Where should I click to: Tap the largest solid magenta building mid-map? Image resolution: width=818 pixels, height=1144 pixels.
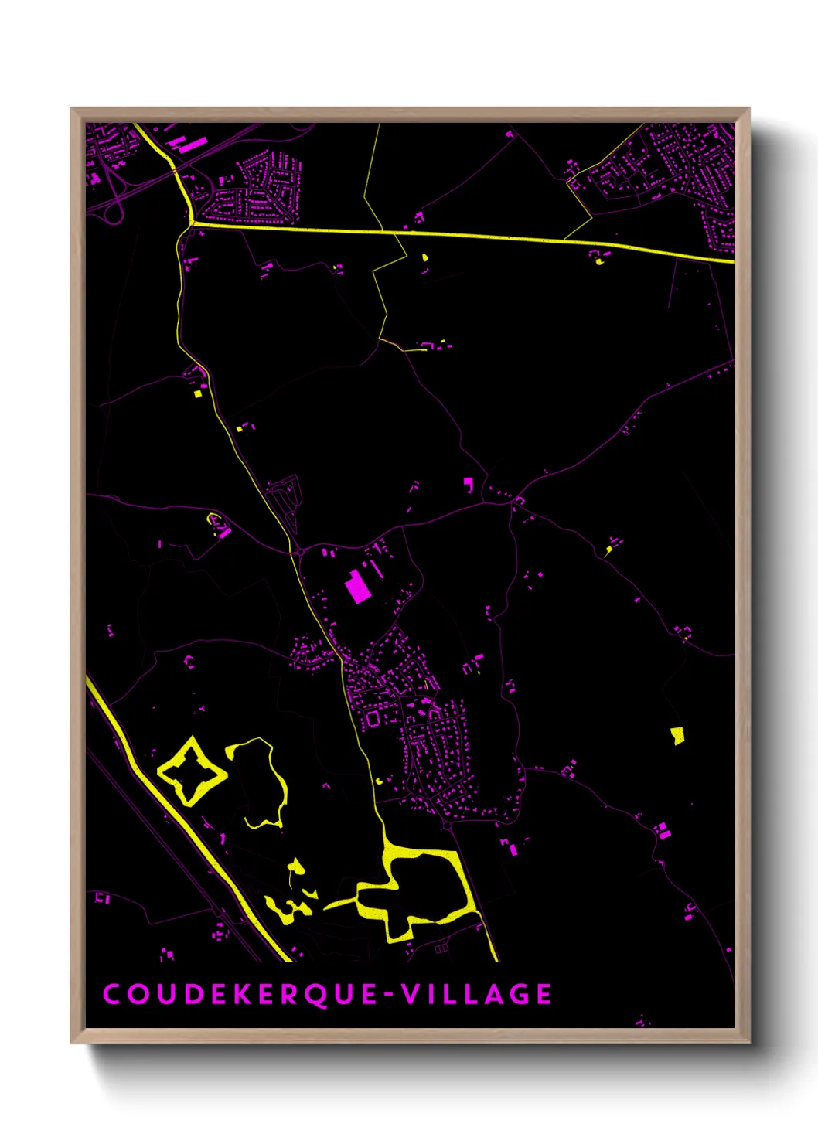click(x=356, y=587)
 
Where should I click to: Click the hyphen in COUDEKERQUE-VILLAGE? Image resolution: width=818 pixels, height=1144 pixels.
click(x=388, y=995)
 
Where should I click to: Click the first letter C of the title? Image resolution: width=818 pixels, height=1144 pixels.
click(x=112, y=994)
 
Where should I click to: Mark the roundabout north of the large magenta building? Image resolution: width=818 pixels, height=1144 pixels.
click(x=298, y=552)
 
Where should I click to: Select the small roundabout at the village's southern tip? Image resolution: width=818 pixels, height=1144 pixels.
click(x=447, y=826)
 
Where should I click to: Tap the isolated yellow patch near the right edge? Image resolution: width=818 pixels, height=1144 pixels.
click(x=677, y=734)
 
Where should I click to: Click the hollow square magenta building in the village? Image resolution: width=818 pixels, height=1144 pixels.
click(x=373, y=719)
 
